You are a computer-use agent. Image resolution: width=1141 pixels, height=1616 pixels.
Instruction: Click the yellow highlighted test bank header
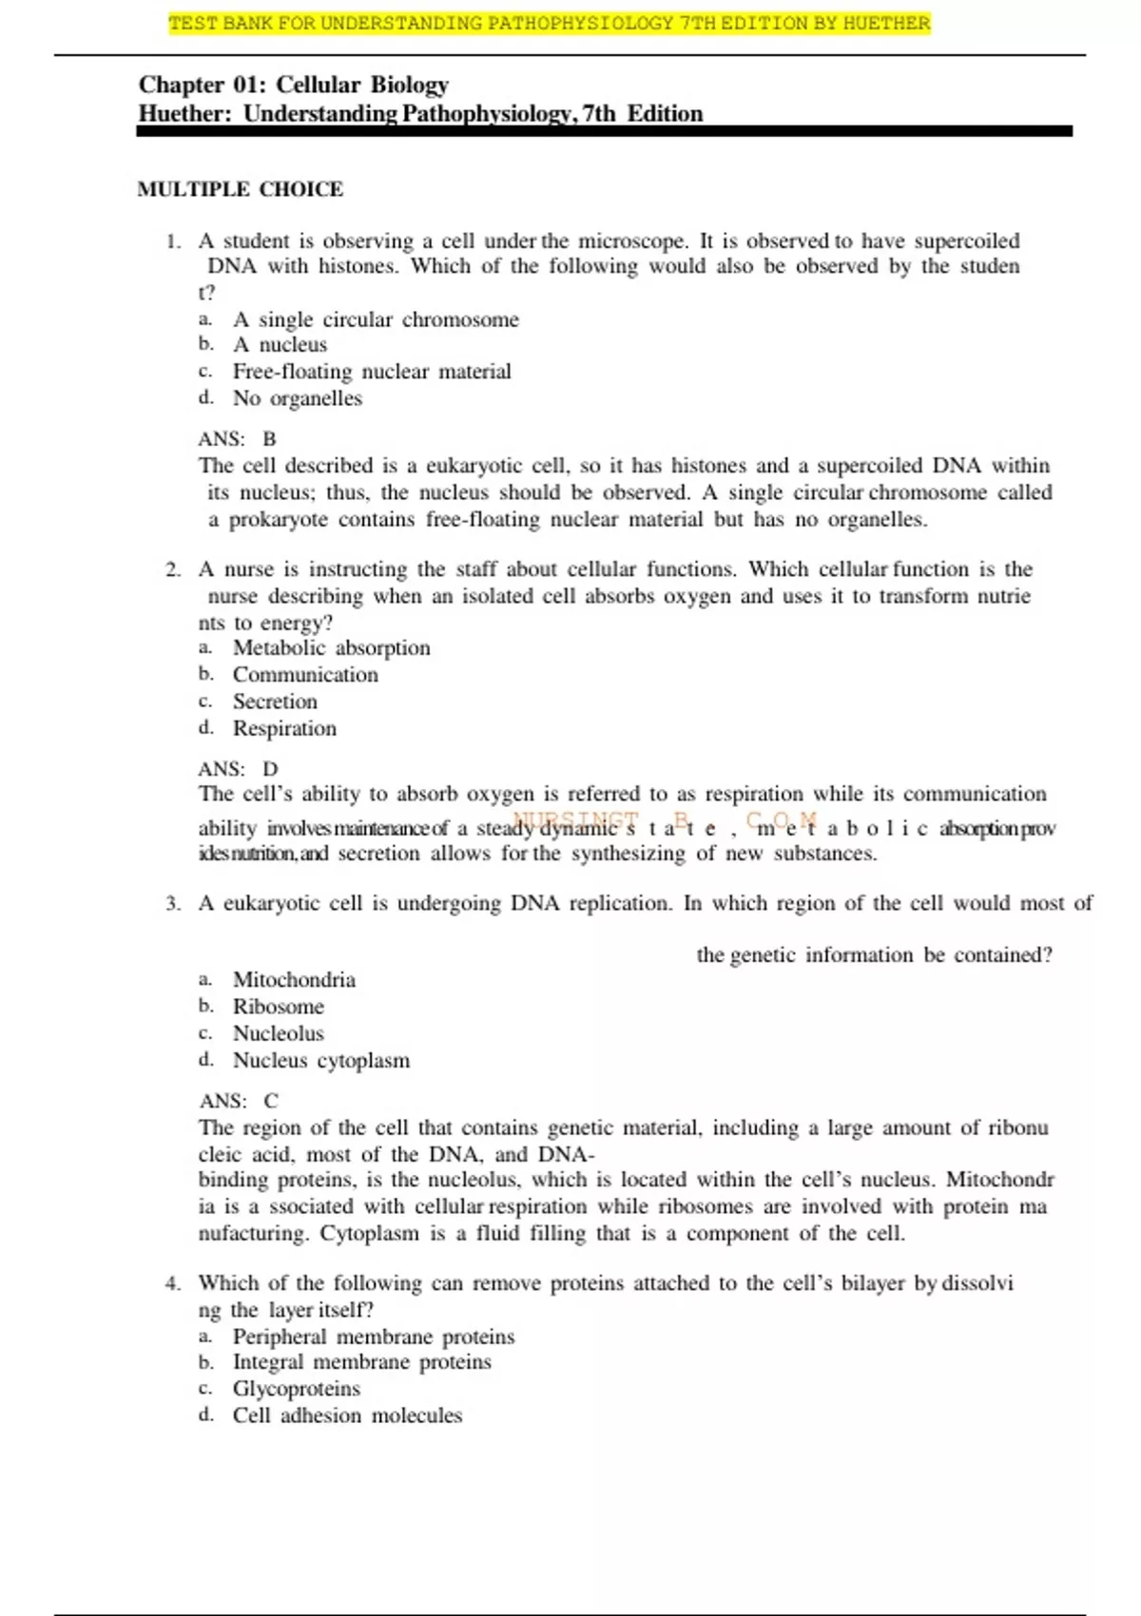(549, 24)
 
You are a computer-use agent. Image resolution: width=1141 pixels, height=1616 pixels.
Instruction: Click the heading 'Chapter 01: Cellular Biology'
(293, 85)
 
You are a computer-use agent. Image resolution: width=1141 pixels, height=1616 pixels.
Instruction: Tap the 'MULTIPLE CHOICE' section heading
(240, 189)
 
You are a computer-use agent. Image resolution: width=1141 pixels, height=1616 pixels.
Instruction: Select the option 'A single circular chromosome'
(376, 319)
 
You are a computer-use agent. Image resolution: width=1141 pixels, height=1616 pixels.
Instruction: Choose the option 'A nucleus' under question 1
(280, 345)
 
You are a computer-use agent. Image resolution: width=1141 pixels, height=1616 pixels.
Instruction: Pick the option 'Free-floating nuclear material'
(372, 372)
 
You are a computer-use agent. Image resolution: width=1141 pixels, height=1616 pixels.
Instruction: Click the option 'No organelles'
(298, 398)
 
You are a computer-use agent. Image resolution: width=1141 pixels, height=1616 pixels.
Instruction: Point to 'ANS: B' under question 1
(237, 439)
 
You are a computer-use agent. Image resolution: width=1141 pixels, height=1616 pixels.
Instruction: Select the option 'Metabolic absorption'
(331, 648)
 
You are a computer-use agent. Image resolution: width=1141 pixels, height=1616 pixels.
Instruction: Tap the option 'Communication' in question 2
(305, 675)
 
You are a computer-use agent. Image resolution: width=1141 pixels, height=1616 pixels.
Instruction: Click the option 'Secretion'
(275, 702)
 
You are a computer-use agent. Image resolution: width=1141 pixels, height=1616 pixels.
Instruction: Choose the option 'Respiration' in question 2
(284, 729)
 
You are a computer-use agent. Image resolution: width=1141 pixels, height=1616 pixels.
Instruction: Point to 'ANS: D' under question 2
(238, 769)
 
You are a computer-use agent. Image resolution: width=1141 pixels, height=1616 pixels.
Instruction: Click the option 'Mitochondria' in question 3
(294, 980)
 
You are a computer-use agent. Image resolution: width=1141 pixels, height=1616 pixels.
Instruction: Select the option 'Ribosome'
(278, 1007)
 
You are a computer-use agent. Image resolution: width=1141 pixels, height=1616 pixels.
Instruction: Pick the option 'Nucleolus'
(278, 1033)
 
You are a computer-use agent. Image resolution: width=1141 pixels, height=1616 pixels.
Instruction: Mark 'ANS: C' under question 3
(239, 1101)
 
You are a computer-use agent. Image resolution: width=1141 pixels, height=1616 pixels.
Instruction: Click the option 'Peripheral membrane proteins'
(374, 1337)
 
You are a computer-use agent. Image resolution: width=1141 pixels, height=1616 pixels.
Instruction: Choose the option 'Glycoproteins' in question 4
(296, 1389)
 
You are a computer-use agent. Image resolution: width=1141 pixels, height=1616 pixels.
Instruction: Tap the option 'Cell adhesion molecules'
(347, 1415)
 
